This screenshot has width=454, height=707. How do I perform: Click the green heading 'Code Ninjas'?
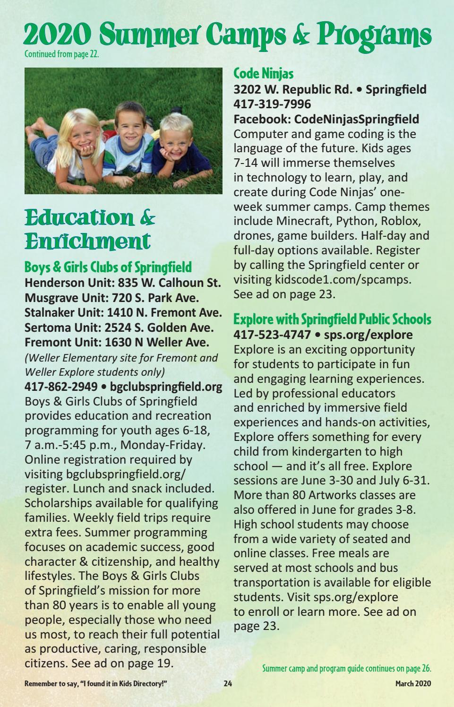click(x=264, y=74)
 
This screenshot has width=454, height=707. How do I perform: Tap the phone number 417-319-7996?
click(x=272, y=104)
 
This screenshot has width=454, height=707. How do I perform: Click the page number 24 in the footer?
click(x=228, y=683)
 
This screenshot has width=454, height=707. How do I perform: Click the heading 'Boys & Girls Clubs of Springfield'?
click(x=108, y=267)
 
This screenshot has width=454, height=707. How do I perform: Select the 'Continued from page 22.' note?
click(x=61, y=54)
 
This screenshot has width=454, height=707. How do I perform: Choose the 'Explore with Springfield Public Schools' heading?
click(x=332, y=319)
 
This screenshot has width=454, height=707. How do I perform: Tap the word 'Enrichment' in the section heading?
click(x=87, y=241)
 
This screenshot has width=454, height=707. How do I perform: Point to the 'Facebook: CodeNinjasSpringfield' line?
click(x=326, y=119)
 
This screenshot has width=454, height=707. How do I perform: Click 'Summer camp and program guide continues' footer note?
click(x=347, y=668)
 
